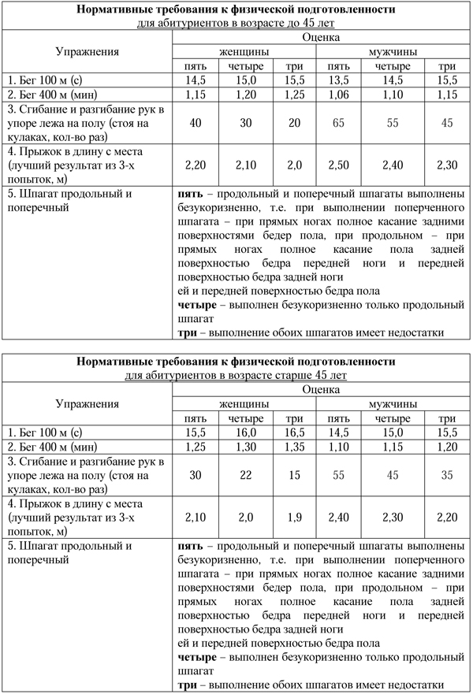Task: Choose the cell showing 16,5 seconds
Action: click(294, 432)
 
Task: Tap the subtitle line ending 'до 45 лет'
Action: click(236, 23)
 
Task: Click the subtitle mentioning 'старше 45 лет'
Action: click(236, 376)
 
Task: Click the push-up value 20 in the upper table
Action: click(294, 122)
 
